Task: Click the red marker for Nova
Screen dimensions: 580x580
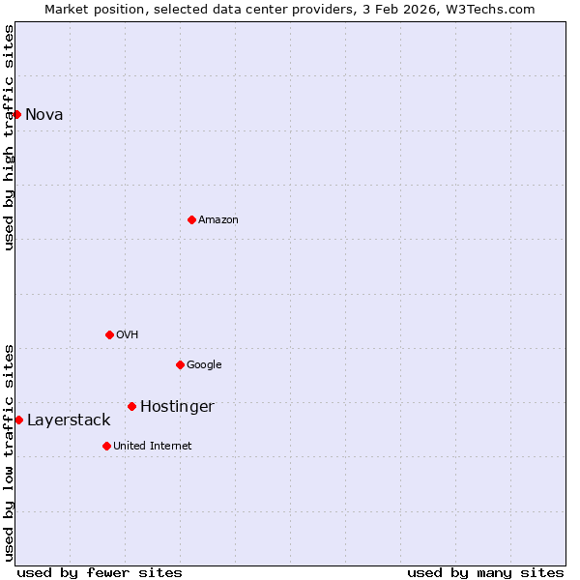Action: point(16,114)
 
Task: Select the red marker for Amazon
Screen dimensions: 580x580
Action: point(191,219)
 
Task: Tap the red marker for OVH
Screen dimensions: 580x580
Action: point(109,334)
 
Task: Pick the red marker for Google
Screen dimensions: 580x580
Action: point(180,364)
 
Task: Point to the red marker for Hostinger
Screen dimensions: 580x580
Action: point(131,406)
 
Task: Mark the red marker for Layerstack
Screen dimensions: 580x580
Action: point(18,420)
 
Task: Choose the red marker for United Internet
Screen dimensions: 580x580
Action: point(106,446)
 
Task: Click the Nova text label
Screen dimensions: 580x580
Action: point(43,114)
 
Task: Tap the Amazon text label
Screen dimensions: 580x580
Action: point(218,220)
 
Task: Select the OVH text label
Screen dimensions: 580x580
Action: point(128,335)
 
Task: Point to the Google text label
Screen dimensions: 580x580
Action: point(204,365)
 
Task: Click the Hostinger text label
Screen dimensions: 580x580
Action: point(177,407)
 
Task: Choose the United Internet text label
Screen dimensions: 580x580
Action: point(153,447)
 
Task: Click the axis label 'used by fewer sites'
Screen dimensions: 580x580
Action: point(100,572)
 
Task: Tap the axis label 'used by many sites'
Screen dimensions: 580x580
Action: point(485,572)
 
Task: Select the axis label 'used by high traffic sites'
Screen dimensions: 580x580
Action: point(9,137)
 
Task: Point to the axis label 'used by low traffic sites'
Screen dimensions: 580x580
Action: point(9,452)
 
